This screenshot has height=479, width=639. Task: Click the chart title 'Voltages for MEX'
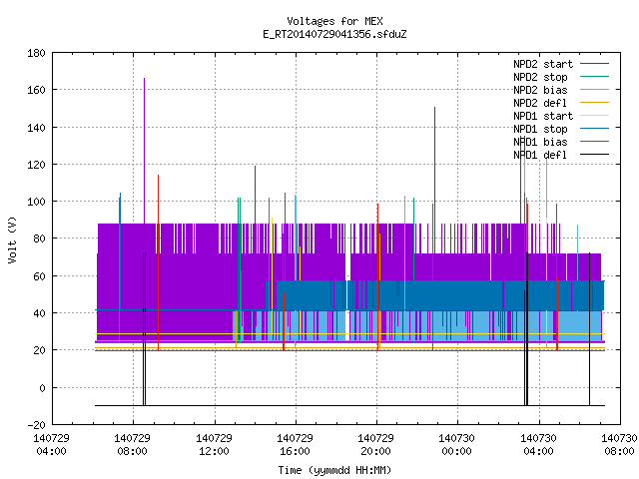coord(334,21)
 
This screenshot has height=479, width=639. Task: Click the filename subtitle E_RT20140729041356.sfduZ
coord(334,34)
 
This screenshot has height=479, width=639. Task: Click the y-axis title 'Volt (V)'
coord(12,239)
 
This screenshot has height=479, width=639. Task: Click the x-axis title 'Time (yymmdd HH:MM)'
coord(334,470)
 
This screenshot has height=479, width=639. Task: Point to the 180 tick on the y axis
coord(36,53)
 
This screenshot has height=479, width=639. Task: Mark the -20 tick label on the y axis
coord(36,425)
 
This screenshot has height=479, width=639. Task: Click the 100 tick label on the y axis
coord(36,202)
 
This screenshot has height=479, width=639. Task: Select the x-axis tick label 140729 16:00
coord(295,445)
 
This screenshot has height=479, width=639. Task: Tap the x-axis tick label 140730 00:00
coord(456,445)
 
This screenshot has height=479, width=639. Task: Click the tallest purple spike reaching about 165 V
coord(144,151)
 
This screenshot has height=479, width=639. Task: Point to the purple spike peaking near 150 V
coord(435,166)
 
